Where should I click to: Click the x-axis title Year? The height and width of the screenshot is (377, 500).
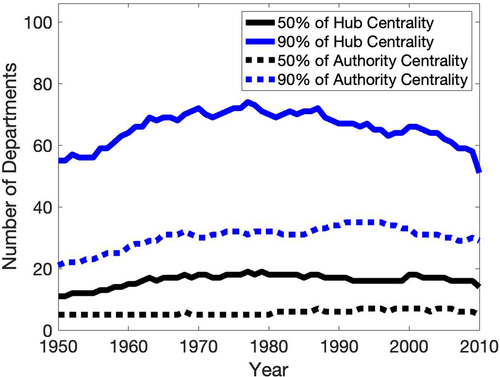point(269,368)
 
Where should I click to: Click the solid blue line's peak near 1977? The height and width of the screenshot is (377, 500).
point(248,102)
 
